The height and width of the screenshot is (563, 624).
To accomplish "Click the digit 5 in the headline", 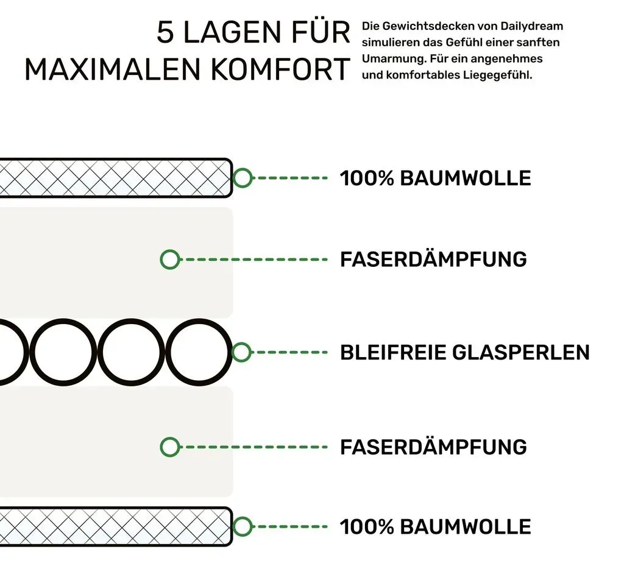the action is (165, 32).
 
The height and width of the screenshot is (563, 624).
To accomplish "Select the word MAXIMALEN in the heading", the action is (113, 70).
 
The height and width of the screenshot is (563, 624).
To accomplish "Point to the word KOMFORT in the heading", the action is (280, 70).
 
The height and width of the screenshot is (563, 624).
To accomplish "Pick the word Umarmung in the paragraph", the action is (394, 59).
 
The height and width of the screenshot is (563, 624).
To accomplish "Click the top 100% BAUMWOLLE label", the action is (435, 178).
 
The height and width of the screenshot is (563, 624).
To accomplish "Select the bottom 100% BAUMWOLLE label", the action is (435, 527).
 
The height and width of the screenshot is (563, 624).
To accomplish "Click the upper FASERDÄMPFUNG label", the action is (433, 259).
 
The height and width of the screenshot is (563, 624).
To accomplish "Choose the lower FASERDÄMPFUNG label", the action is (433, 447).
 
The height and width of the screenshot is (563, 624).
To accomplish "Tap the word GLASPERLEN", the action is (521, 353).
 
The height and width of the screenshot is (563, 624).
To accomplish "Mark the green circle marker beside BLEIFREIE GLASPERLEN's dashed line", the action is (241, 352).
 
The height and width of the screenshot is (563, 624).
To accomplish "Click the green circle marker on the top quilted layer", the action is (242, 178).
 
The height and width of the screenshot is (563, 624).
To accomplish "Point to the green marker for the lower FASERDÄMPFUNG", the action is (170, 447).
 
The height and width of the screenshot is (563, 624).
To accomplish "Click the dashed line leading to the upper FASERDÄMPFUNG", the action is (257, 260).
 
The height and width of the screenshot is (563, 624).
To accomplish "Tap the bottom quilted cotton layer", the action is (115, 526).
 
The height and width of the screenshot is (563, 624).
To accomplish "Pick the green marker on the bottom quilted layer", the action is (242, 526).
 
